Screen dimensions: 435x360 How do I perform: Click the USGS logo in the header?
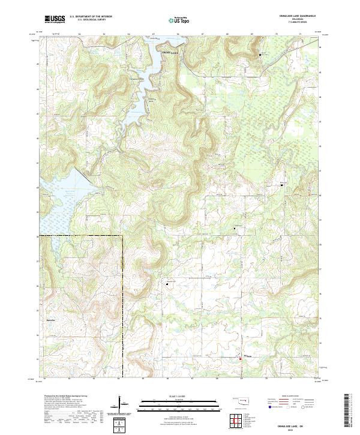tap(55, 19)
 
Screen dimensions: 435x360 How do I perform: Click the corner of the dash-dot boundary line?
tap(122, 236)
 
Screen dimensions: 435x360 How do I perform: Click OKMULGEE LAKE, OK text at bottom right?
tap(290, 423)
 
